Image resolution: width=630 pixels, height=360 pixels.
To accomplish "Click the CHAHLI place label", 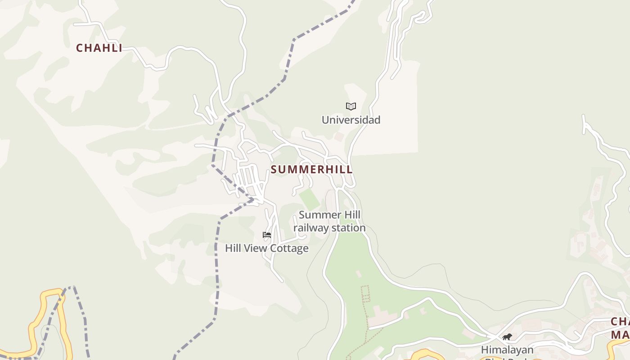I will pyautogui.click(x=99, y=48).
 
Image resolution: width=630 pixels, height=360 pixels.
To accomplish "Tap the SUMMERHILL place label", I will pyautogui.click(x=311, y=170).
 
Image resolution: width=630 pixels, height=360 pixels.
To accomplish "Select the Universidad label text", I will pyautogui.click(x=351, y=120).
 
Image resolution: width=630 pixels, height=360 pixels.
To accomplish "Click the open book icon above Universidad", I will pyautogui.click(x=351, y=106).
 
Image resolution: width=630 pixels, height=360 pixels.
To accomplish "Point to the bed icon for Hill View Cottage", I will pyautogui.click(x=267, y=234).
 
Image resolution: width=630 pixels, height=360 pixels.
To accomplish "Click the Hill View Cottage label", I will pyautogui.click(x=267, y=248).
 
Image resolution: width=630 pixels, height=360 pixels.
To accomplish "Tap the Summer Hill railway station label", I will pyautogui.click(x=329, y=221).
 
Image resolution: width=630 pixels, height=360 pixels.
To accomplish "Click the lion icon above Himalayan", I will pyautogui.click(x=507, y=337).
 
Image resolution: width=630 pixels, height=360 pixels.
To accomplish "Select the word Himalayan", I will pyautogui.click(x=507, y=350).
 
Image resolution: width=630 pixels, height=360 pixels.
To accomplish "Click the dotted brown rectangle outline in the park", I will pyautogui.click(x=365, y=293).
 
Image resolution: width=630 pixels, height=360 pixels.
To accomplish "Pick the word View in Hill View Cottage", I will pyautogui.click(x=257, y=248).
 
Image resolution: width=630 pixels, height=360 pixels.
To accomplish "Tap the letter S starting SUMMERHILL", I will pyautogui.click(x=274, y=170).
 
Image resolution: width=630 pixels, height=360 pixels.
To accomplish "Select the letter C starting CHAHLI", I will pyautogui.click(x=80, y=48).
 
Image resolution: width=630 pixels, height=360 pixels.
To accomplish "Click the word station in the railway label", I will pyautogui.click(x=349, y=228).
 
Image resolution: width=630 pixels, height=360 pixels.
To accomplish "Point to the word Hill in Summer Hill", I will pyautogui.click(x=352, y=215).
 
